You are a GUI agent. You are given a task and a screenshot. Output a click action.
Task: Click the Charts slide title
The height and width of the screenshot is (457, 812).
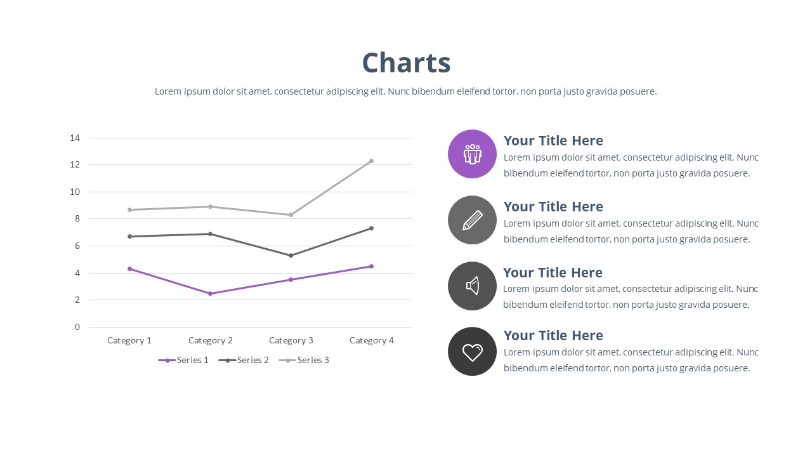click(406, 63)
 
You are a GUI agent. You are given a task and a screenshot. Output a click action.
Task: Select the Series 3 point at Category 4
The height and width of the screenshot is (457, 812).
click(371, 161)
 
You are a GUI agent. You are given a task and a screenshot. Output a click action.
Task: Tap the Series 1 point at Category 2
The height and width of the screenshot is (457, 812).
click(210, 293)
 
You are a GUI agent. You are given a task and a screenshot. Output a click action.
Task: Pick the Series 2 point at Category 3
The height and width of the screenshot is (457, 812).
click(291, 255)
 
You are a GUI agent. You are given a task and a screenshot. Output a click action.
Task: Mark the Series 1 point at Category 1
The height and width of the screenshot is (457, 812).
click(129, 268)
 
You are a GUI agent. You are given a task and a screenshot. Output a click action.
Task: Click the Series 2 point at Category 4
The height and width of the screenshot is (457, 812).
click(371, 228)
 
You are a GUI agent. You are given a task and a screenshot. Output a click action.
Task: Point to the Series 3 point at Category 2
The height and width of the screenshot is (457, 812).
click(210, 206)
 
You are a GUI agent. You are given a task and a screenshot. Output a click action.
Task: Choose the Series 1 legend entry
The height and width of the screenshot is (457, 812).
click(183, 360)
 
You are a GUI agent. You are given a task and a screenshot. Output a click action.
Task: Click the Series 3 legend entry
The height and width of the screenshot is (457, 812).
click(304, 360)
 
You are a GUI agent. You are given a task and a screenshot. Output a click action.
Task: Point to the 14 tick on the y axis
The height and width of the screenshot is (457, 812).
click(75, 138)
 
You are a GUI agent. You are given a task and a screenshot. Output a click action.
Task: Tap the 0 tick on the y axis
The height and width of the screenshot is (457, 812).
click(77, 327)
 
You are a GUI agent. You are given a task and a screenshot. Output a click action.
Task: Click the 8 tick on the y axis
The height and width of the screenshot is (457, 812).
click(77, 218)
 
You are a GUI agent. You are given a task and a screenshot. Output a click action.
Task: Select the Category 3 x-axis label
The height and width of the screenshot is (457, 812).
click(291, 340)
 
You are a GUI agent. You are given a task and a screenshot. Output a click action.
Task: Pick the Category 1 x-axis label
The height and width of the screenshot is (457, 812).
click(129, 340)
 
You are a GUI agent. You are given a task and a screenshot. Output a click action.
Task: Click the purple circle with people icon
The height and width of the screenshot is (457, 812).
click(472, 154)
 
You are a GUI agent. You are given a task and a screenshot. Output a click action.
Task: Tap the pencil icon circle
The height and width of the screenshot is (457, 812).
click(472, 220)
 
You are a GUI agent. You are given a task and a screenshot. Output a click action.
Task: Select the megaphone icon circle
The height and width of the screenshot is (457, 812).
click(472, 286)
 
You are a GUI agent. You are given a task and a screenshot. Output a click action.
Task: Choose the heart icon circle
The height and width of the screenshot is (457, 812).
click(472, 351)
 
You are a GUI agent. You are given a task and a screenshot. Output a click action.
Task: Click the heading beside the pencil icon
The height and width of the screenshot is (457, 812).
click(553, 207)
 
